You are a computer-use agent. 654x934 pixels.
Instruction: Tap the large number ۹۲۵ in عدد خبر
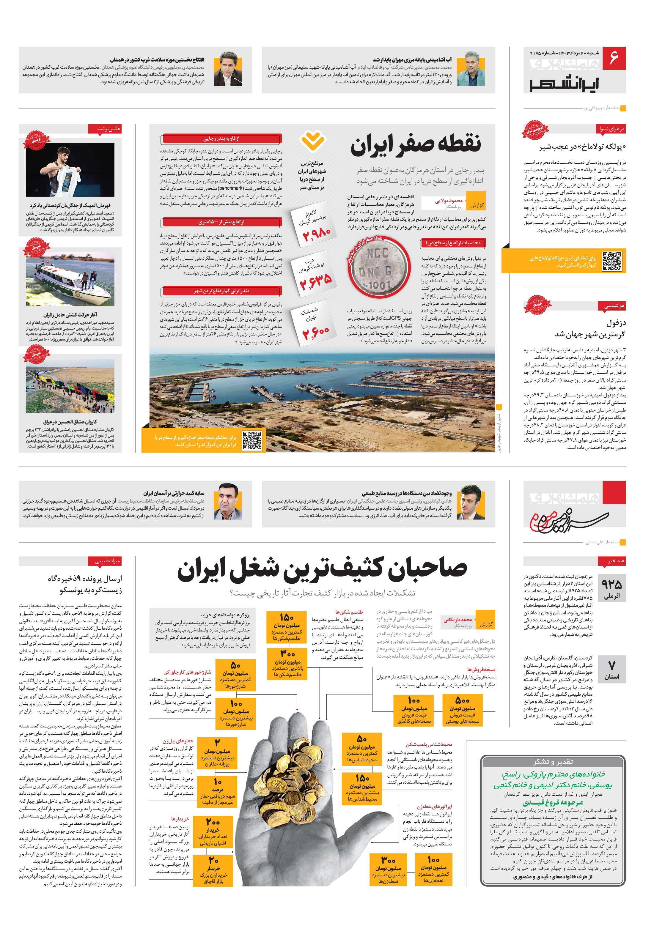tap(612, 585)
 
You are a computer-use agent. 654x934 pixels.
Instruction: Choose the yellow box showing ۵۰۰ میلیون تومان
tap(462, 711)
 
